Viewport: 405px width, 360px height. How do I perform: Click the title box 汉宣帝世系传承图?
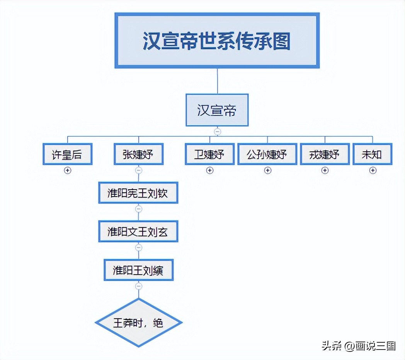[217, 41]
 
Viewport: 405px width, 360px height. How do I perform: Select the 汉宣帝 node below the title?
[217, 110]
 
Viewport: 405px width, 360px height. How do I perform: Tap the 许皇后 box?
[68, 154]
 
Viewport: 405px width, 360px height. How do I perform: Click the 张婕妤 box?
[138, 154]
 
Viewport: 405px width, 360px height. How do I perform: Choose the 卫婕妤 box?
[209, 154]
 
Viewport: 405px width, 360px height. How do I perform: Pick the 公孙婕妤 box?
[267, 154]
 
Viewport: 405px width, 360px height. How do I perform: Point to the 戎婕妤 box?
[325, 154]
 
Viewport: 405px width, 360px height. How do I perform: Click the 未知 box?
[372, 154]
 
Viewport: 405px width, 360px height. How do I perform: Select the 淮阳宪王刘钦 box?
[138, 192]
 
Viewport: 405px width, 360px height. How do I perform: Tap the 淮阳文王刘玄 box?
[138, 231]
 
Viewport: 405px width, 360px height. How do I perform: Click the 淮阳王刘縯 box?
[138, 270]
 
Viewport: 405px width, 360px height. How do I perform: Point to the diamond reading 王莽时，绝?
[138, 323]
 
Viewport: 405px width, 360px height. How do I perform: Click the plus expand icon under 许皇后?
[68, 170]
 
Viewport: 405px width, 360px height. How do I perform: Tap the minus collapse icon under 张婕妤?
[138, 170]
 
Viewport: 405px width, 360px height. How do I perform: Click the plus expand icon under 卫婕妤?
[209, 170]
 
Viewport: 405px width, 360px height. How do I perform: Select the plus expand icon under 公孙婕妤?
[267, 170]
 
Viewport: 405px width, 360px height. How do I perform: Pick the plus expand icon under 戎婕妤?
[325, 170]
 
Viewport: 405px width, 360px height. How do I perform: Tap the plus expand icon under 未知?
[373, 170]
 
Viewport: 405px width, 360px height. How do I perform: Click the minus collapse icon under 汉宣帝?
[217, 132]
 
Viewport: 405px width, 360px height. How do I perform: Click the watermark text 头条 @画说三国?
[359, 346]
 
